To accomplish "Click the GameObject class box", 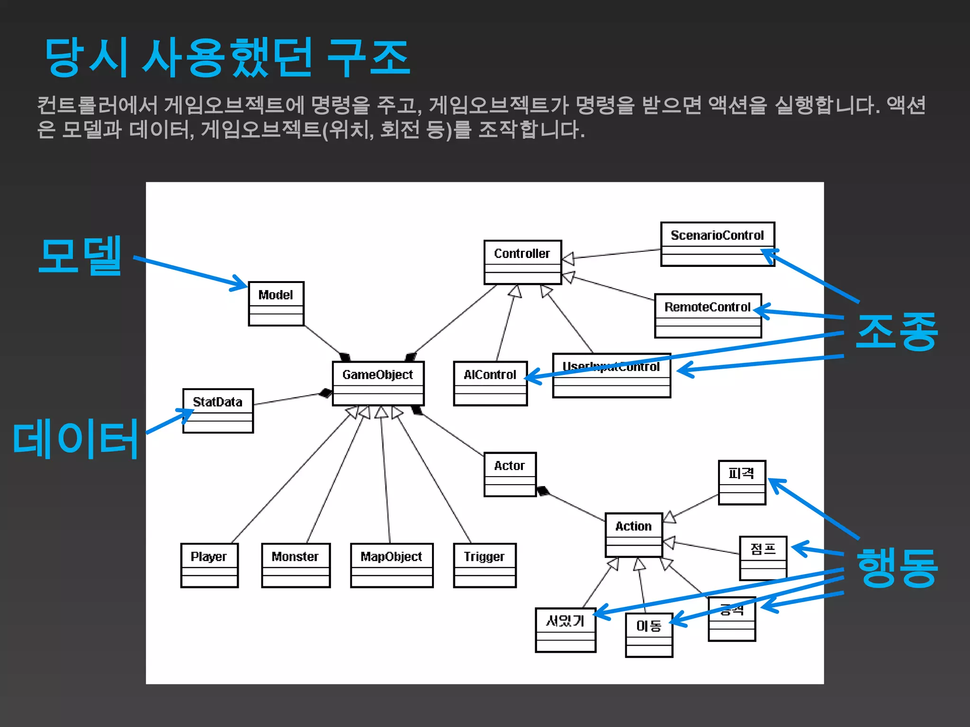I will click(x=378, y=383).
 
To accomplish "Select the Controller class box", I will click(x=522, y=262).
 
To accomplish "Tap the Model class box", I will click(x=276, y=303).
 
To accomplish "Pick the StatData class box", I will click(x=218, y=410).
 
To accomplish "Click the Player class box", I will click(x=209, y=565).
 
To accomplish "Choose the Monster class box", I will click(x=296, y=565).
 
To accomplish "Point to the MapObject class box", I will click(x=392, y=565).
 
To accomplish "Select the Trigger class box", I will click(x=485, y=565).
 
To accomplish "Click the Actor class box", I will click(x=510, y=474).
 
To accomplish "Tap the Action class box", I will click(x=634, y=535).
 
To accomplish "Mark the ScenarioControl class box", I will click(x=718, y=244).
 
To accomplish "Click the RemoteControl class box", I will click(x=708, y=316).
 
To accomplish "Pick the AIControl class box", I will click(x=490, y=383).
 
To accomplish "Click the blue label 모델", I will click(x=81, y=256).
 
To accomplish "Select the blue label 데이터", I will click(x=76, y=439).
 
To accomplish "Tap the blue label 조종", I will click(x=897, y=332).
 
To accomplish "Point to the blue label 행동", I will click(x=897, y=567).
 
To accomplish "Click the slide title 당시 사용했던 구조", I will click(x=227, y=58).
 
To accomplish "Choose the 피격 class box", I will click(x=742, y=482).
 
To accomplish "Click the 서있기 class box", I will click(x=566, y=630).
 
